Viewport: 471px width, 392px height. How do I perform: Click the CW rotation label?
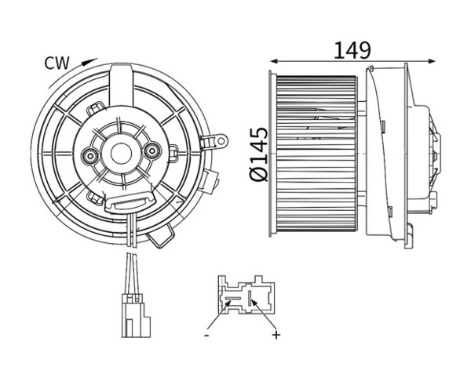click(x=57, y=64)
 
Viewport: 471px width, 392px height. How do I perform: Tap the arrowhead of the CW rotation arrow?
click(x=90, y=61)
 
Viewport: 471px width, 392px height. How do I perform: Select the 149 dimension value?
click(x=352, y=50)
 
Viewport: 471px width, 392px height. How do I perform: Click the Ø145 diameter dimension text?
click(x=258, y=154)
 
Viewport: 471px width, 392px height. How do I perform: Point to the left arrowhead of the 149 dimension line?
click(x=274, y=61)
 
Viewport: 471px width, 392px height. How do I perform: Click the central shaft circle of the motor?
click(x=121, y=154)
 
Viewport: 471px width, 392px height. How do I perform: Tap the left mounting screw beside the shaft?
click(x=90, y=155)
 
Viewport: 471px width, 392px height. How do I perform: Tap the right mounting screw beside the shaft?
click(x=152, y=151)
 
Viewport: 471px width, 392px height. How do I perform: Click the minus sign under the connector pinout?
click(x=206, y=335)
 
